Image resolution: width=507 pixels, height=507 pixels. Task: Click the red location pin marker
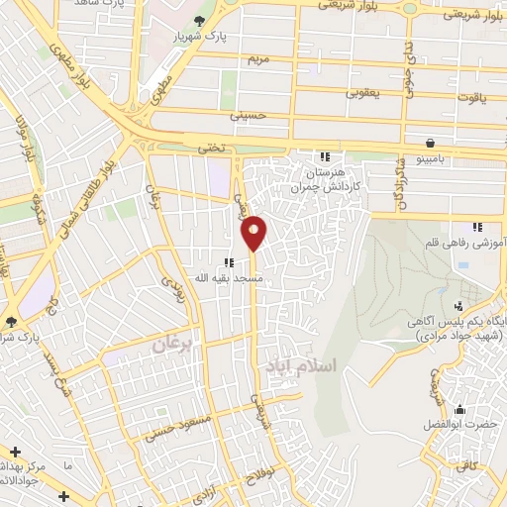[254, 232]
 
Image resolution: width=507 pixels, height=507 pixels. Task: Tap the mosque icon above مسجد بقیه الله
[229, 262]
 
